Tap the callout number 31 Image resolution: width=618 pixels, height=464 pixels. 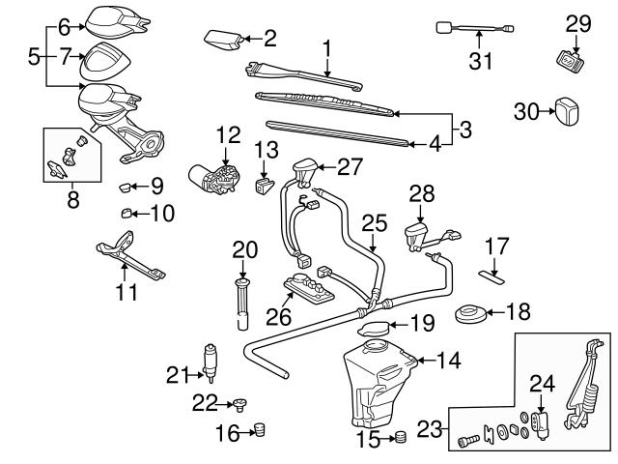coord(481,61)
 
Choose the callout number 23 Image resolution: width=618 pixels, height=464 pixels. coord(430,425)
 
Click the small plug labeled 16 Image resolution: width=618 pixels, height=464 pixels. coord(259,429)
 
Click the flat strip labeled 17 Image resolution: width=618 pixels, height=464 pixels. coord(492,275)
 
